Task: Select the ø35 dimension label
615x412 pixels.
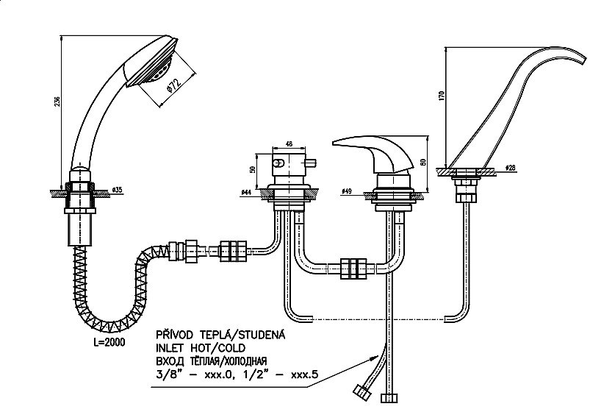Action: tap(117, 191)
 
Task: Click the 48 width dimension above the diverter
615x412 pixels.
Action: tap(289, 145)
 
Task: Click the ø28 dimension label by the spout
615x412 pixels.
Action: tap(510, 168)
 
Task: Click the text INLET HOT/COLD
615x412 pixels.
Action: tap(201, 347)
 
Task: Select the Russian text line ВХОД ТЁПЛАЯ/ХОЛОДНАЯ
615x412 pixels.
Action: tap(212, 360)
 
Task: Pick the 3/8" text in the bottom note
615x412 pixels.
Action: tap(167, 374)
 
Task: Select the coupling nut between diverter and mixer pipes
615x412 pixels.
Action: tap(354, 270)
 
